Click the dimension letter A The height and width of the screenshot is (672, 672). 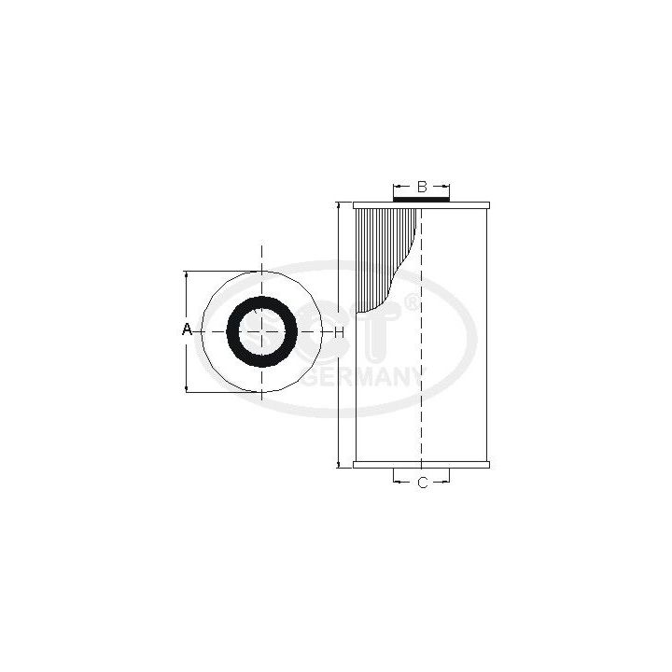point(186,330)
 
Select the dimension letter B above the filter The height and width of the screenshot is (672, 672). point(421,187)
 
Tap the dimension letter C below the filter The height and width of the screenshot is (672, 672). point(421,483)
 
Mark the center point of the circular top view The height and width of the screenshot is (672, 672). point(262,331)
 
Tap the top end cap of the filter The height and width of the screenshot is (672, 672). point(421,204)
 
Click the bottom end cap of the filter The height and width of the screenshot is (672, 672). point(421,464)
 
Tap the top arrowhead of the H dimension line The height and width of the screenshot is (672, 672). point(338,205)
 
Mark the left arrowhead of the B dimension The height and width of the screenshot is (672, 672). point(396,187)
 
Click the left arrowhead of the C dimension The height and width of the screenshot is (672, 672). point(396,483)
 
